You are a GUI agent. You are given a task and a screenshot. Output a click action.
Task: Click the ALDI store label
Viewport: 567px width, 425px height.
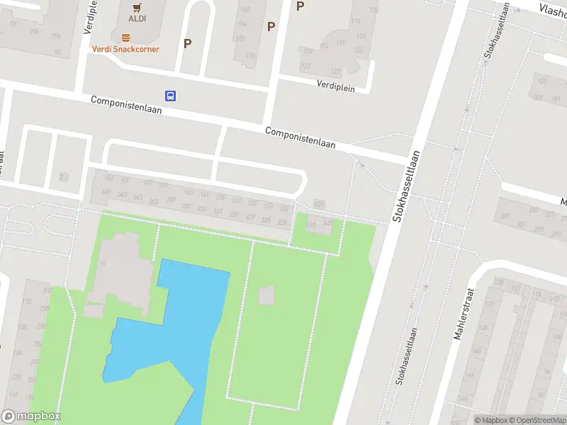pos(137,18)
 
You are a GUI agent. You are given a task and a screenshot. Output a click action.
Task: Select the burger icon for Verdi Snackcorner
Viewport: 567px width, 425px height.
pos(125,38)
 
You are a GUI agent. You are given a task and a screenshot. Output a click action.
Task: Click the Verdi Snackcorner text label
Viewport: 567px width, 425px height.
pos(125,49)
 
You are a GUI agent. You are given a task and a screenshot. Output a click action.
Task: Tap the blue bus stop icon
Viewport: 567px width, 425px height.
pos(170,96)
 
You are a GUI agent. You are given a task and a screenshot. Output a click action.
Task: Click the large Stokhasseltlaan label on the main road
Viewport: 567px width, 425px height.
pos(408,186)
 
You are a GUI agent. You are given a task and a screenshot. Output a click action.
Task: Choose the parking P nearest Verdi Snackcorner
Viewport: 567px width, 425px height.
pos(187,43)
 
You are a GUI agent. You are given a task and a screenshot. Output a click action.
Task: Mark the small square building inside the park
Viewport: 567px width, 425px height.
pos(266,295)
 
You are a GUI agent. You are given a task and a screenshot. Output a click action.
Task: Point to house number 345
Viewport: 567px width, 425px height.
pos(107,192)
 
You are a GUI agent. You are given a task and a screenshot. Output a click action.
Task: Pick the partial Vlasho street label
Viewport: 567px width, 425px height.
pos(552,8)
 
